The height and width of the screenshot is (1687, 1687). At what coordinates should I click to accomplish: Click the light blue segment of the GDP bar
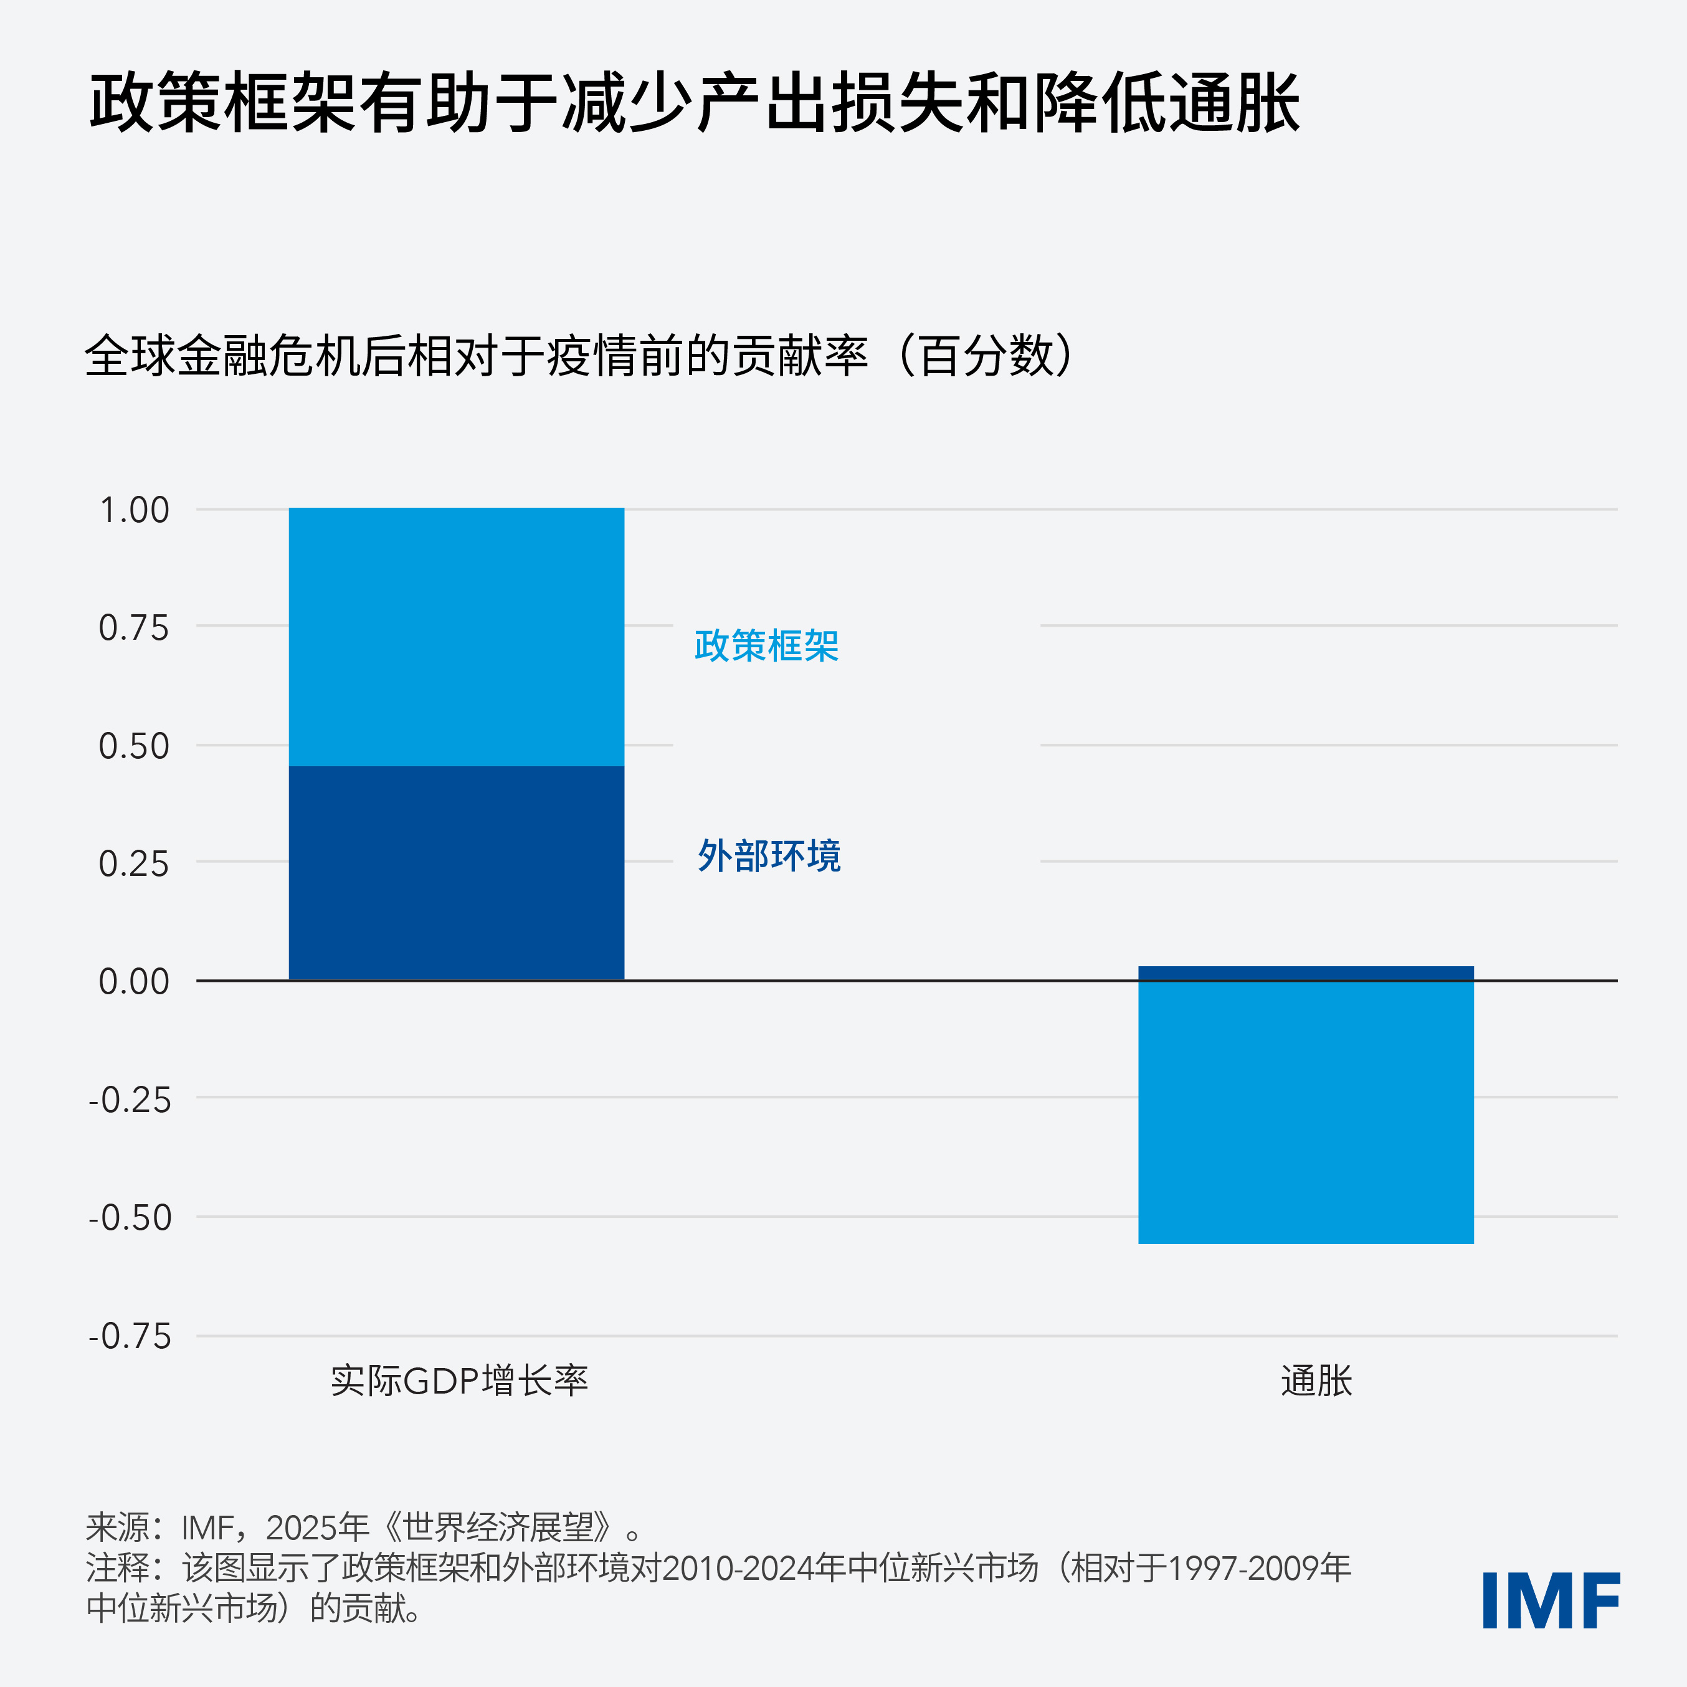456,637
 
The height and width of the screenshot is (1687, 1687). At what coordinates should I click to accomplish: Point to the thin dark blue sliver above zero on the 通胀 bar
1305,972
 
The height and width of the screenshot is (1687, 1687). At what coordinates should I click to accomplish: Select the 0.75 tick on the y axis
133,628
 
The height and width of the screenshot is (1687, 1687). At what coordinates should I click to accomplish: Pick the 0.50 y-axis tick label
133,746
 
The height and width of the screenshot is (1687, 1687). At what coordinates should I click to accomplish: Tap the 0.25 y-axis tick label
133,863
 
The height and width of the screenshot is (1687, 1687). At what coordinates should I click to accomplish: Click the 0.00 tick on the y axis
133,981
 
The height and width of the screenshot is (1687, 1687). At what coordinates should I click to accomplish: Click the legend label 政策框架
766,646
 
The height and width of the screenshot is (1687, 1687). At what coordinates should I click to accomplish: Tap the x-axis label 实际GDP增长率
459,1381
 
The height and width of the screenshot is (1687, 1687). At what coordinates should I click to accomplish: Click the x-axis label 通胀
1316,1381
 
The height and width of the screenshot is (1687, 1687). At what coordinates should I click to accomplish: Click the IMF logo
1550,1600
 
